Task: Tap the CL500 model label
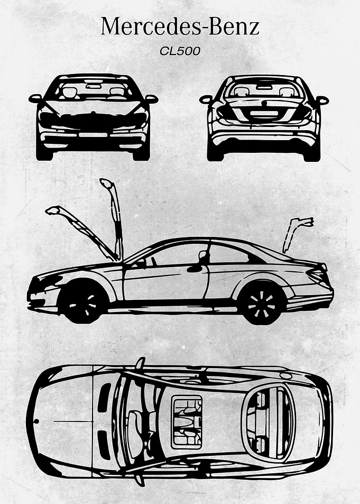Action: pyautogui.click(x=180, y=51)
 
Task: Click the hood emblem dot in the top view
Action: pyautogui.click(x=36, y=421)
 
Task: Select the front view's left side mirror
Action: pyautogui.click(x=35, y=98)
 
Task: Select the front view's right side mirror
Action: pyautogui.click(x=151, y=99)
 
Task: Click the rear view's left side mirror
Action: pyautogui.click(x=206, y=99)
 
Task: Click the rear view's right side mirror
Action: pyautogui.click(x=322, y=100)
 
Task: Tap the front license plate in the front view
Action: pyautogui.click(x=93, y=135)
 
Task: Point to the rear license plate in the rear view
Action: pyautogui.click(x=264, y=113)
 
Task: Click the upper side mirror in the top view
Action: pyautogui.click(x=140, y=363)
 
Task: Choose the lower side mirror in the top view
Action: pyautogui.click(x=139, y=480)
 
